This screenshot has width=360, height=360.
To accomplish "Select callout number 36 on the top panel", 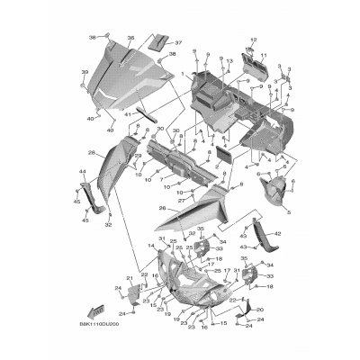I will point(130,38).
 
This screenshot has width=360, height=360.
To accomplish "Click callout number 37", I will point(177,42).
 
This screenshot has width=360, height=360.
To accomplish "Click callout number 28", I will point(92,153).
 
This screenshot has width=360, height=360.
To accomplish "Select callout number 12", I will point(253,39).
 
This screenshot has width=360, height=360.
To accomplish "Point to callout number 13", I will point(230,59).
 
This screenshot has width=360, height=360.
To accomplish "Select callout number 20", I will point(260,308).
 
